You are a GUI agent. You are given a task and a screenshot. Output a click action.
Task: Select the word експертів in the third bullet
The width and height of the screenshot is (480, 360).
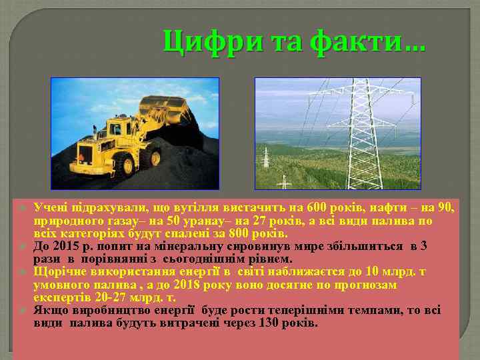pyautogui.click(x=58, y=297)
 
